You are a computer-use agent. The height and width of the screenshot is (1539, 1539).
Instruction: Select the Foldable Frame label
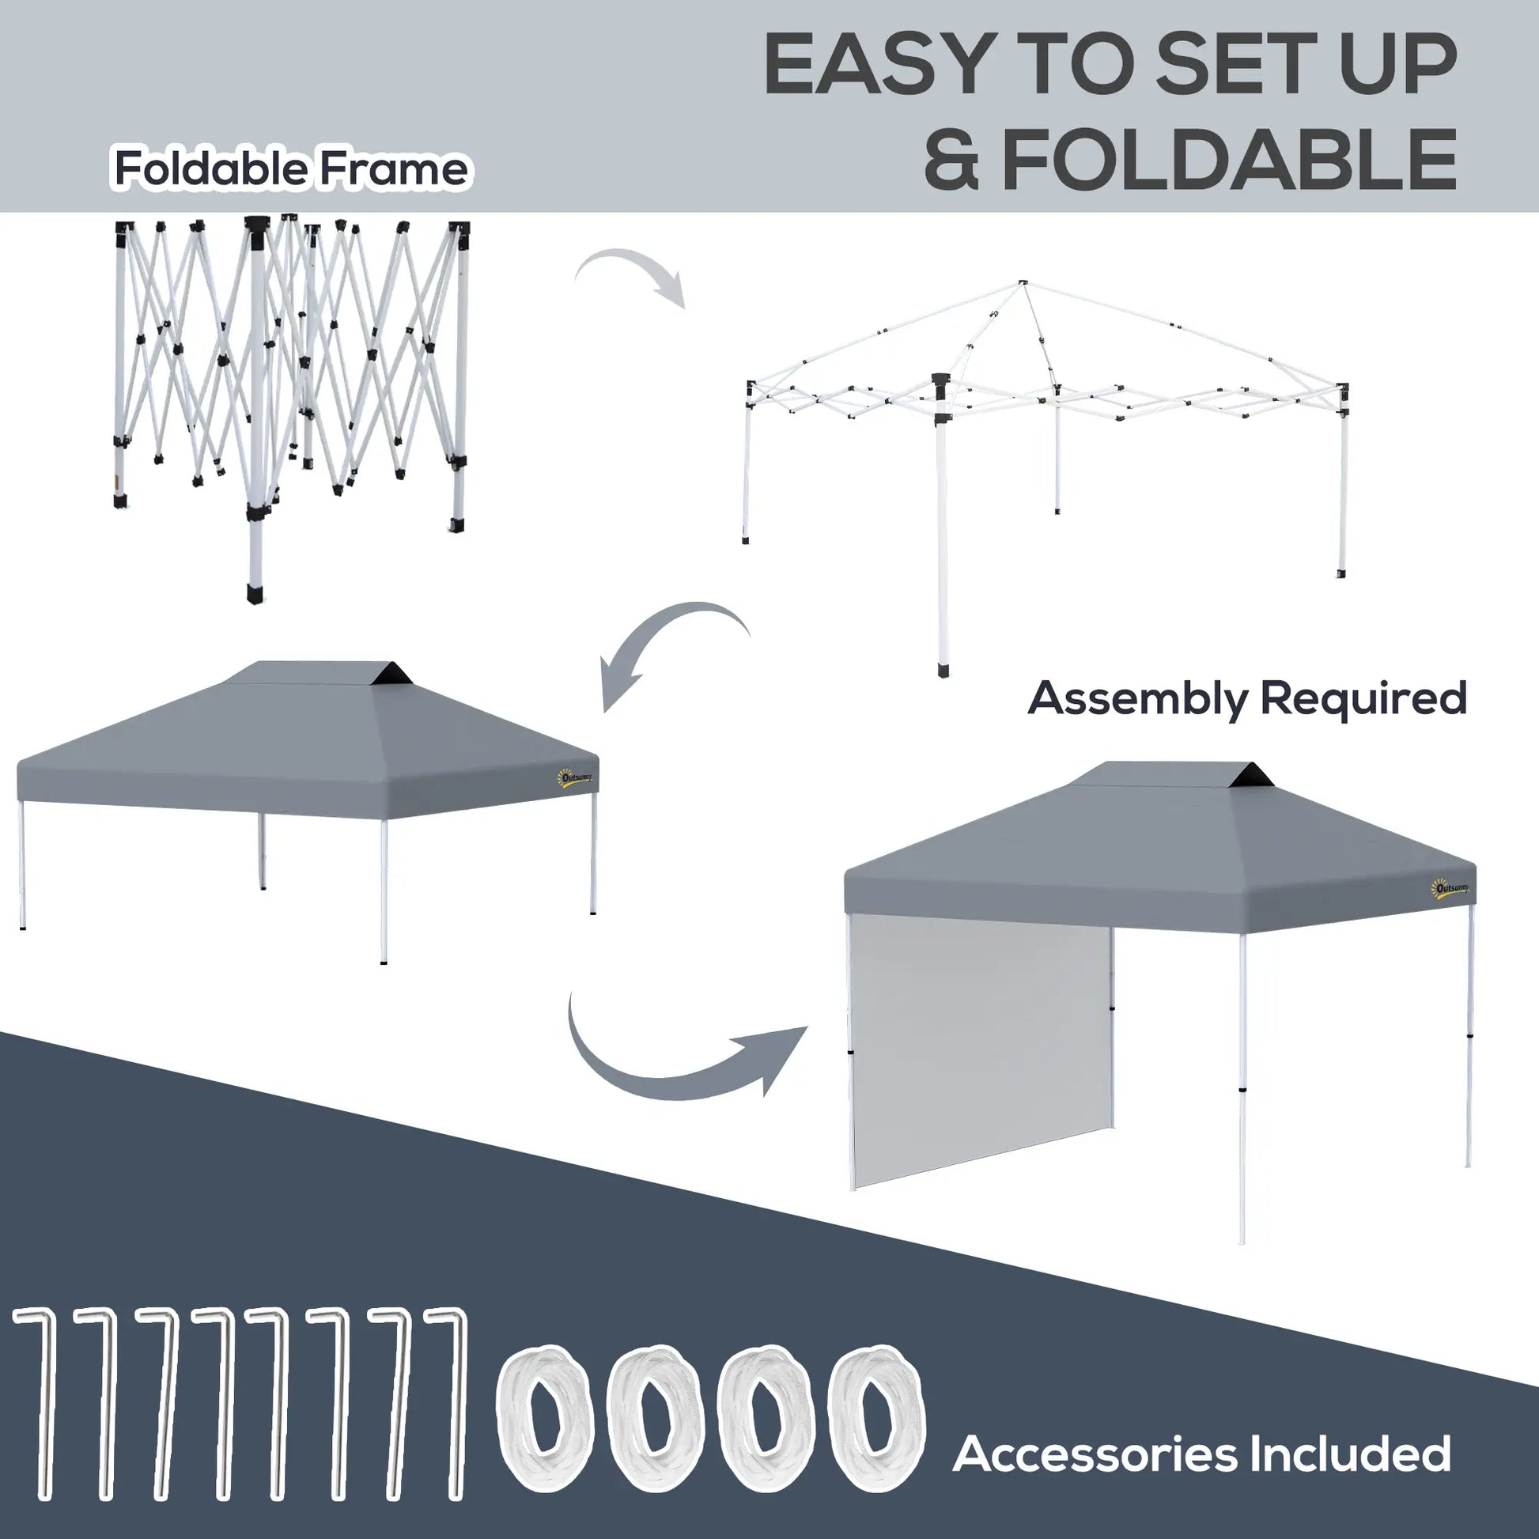291,169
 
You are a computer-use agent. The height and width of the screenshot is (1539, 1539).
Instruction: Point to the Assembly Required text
1246,698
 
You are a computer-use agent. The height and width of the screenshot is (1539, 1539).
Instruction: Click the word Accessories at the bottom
1095,1454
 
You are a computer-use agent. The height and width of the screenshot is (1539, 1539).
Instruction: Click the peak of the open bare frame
1022,284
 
